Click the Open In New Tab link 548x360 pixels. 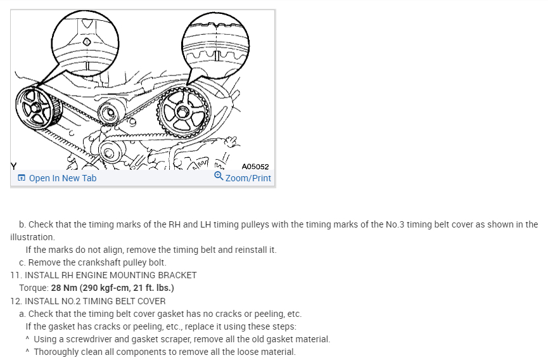click(62, 178)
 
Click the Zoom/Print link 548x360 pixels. click(248, 178)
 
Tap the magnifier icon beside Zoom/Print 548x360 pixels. click(219, 176)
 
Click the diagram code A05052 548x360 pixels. click(255, 167)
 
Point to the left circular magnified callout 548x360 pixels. click(85, 42)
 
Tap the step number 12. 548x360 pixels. click(15, 301)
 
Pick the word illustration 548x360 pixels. click(32, 237)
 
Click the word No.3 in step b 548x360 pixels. click(397, 224)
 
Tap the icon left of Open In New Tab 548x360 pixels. click(22, 178)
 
